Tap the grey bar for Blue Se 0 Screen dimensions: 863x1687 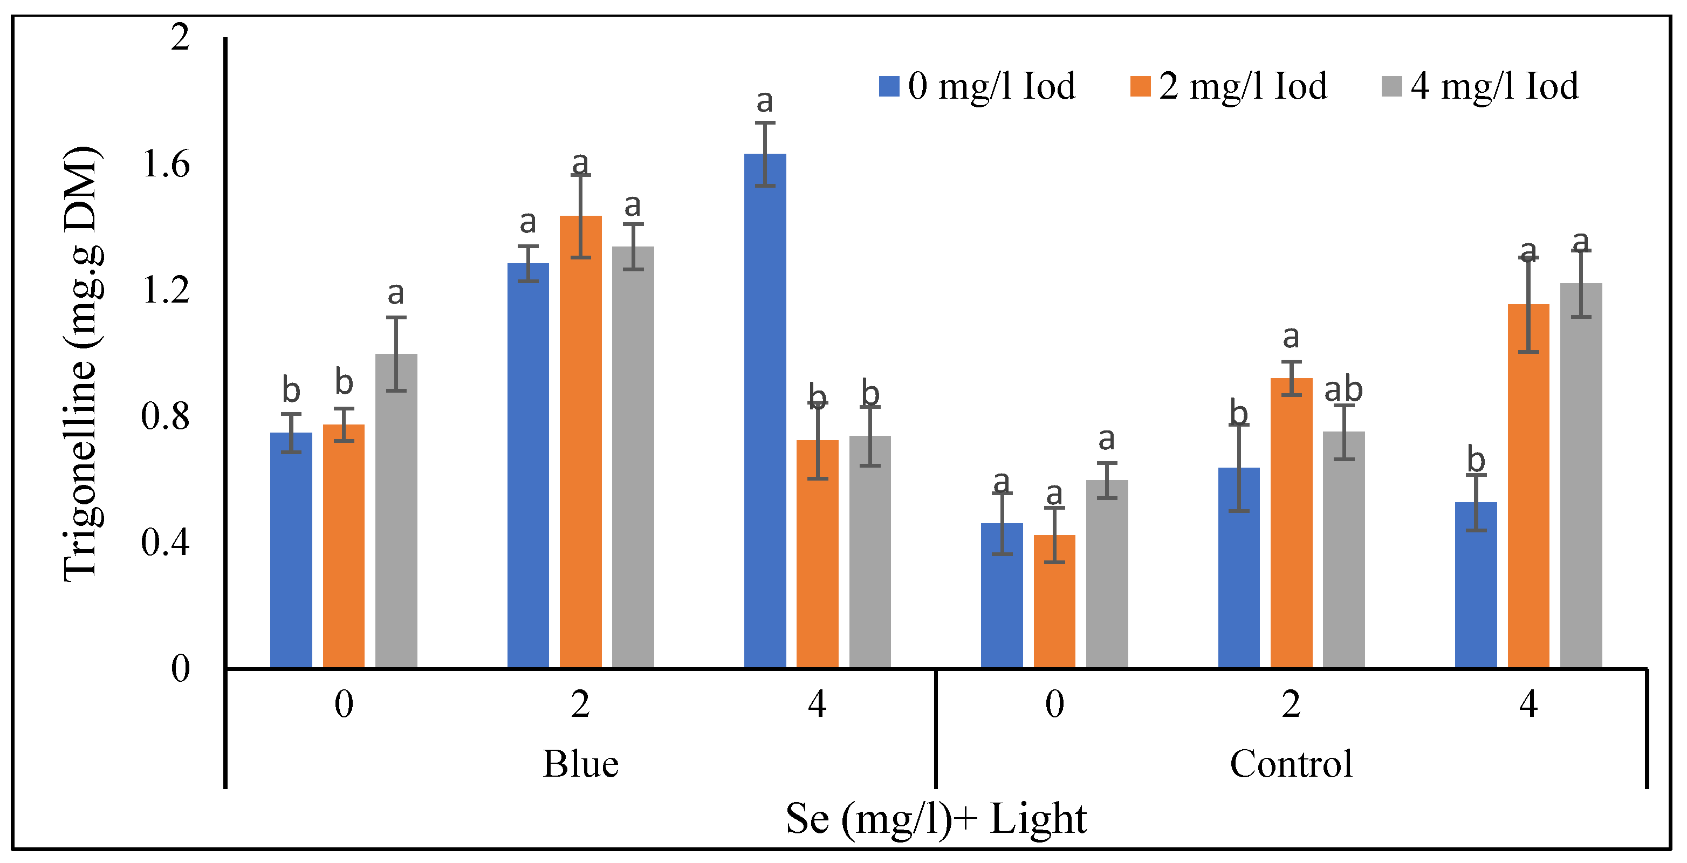tap(396, 511)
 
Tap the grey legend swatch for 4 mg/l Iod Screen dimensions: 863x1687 tap(1391, 86)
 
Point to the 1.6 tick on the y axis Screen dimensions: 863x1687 tap(166, 163)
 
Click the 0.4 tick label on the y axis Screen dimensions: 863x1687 tap(166, 542)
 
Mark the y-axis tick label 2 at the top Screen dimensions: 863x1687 tap(180, 37)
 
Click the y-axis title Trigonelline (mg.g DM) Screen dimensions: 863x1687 tap(82, 364)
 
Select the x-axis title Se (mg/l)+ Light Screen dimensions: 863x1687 tap(935, 818)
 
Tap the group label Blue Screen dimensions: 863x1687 tap(580, 763)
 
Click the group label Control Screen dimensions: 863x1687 tap(1291, 763)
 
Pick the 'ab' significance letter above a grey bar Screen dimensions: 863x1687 tap(1343, 391)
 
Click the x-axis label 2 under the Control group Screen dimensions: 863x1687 tap(1291, 704)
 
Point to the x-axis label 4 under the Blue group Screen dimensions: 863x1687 tap(817, 704)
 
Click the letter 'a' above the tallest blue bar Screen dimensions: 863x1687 tap(764, 101)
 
